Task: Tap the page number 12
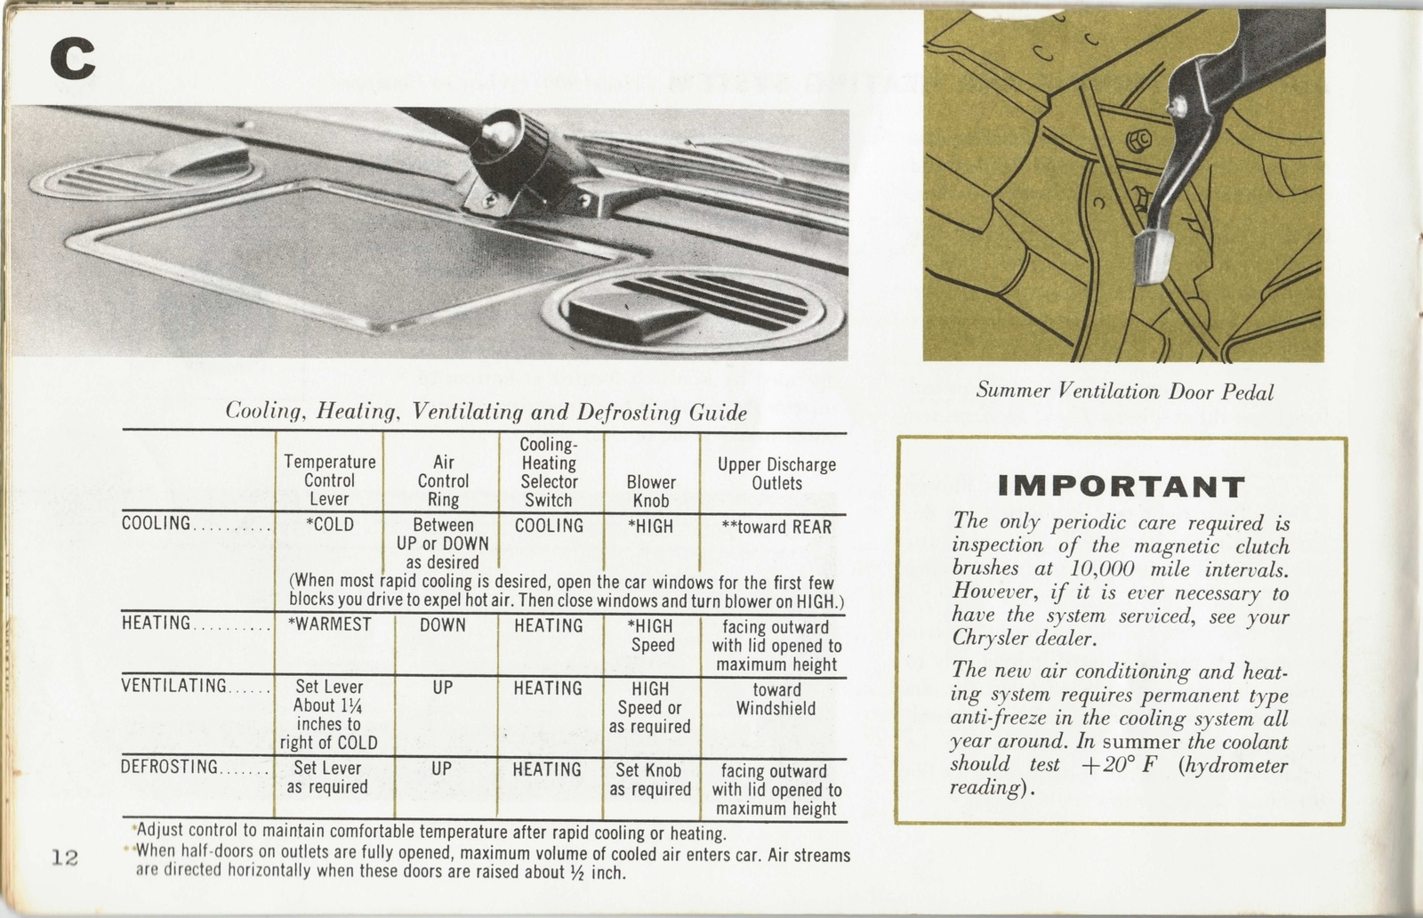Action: pyautogui.click(x=64, y=858)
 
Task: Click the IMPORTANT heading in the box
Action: pyautogui.click(x=1121, y=487)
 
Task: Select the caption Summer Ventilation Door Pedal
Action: pyautogui.click(x=1124, y=391)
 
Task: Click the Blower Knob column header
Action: pyautogui.click(x=651, y=491)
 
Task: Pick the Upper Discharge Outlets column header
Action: pyautogui.click(x=776, y=474)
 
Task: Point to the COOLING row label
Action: pyautogui.click(x=157, y=524)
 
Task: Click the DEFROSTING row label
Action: pyautogui.click(x=169, y=767)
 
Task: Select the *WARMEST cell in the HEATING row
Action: pyautogui.click(x=329, y=624)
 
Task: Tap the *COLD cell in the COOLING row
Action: pyautogui.click(x=329, y=525)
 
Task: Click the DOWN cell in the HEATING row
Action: pyautogui.click(x=443, y=625)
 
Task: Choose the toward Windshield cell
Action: pyautogui.click(x=776, y=699)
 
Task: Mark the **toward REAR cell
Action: pyautogui.click(x=776, y=527)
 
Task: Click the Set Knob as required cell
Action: pyautogui.click(x=650, y=779)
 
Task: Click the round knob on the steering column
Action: pyautogui.click(x=499, y=134)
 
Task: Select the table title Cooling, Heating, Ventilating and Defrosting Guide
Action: pyautogui.click(x=486, y=412)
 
